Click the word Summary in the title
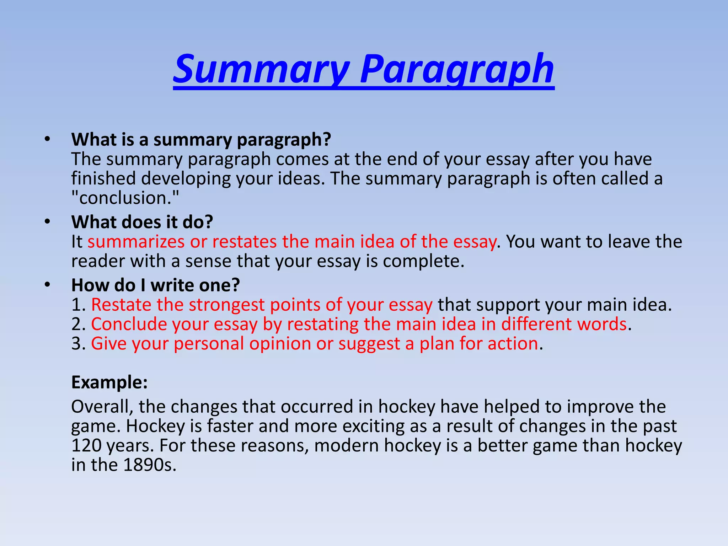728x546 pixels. (262, 69)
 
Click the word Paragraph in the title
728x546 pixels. (456, 69)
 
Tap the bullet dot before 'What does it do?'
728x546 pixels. (48, 222)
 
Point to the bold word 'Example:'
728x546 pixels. (109, 382)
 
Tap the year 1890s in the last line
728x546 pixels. (150, 465)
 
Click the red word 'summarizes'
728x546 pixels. (136, 242)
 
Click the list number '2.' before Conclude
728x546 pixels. (78, 325)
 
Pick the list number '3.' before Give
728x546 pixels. (78, 344)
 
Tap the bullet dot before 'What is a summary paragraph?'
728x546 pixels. (48, 139)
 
